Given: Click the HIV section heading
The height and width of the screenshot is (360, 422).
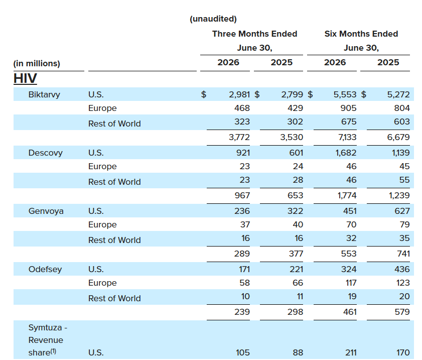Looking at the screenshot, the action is [x=25, y=79].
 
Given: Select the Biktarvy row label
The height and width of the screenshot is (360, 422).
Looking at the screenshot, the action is [x=44, y=94].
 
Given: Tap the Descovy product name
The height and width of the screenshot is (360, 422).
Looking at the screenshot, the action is [x=46, y=153].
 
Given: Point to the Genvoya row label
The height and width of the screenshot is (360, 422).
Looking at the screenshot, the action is [x=46, y=211].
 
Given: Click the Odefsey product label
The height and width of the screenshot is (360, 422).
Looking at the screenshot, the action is [x=45, y=269].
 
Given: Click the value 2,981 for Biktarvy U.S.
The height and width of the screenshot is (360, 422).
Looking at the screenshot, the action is [x=239, y=94].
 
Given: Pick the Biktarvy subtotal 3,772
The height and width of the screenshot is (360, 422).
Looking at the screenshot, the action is [x=239, y=138].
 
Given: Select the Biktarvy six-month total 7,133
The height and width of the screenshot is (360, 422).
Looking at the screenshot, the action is [x=347, y=138].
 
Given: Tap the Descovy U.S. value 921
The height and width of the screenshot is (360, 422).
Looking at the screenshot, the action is [x=243, y=153].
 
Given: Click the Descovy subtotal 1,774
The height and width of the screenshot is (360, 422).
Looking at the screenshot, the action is [x=347, y=195].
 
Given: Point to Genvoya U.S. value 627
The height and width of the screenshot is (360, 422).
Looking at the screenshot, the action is [x=402, y=211].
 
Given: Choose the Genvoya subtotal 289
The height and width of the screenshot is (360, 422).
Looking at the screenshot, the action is [x=242, y=254].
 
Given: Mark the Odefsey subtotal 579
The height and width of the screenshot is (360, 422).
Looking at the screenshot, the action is [x=402, y=312].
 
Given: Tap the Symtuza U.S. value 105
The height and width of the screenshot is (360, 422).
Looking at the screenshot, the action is [x=243, y=352].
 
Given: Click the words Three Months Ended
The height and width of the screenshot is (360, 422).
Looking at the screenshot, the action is [x=254, y=34].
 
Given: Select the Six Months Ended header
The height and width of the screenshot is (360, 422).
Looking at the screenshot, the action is [x=361, y=34].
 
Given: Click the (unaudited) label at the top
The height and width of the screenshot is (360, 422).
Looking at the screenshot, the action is [x=213, y=19].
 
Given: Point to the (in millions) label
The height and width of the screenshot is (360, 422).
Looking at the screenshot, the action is [x=37, y=64].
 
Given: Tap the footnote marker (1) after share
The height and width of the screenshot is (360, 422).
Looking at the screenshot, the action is [x=53, y=351].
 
